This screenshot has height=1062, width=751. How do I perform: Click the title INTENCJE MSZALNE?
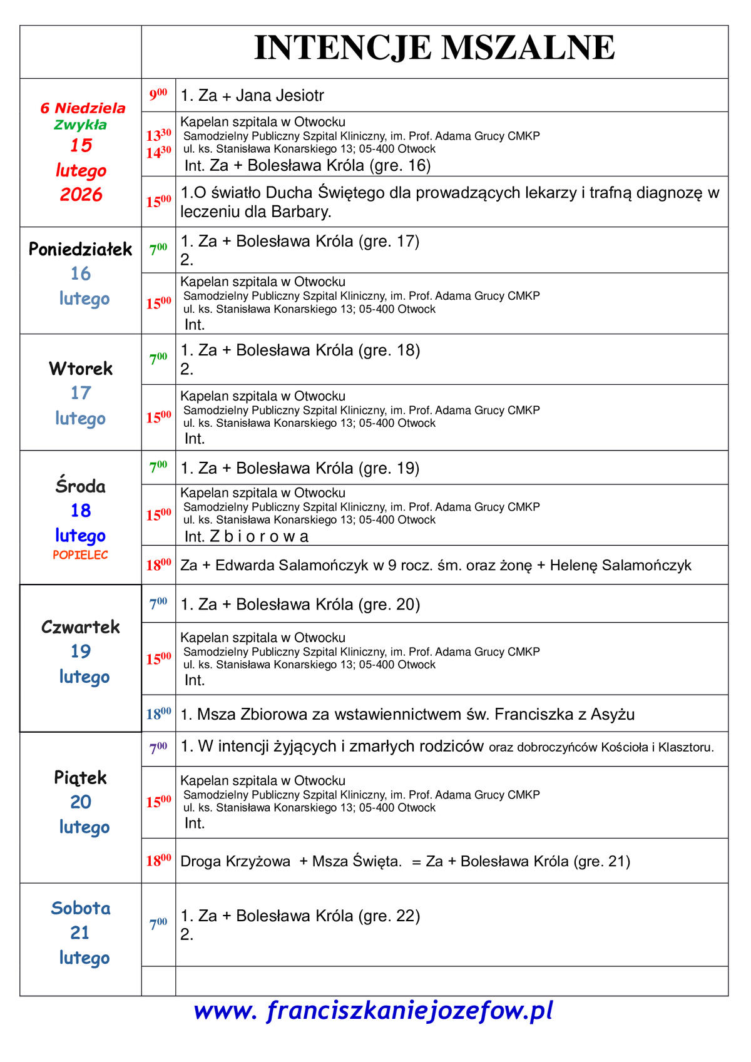click(x=434, y=48)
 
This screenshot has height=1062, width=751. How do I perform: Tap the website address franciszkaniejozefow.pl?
click(x=373, y=1011)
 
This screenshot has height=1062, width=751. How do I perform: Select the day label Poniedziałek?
click(x=81, y=250)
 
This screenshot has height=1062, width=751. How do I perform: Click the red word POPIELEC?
click(x=80, y=555)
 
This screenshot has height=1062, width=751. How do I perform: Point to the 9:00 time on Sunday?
click(x=158, y=95)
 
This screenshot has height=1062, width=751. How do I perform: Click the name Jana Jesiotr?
click(x=280, y=96)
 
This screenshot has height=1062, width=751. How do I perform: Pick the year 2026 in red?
click(x=81, y=195)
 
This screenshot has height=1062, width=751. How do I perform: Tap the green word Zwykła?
click(x=80, y=125)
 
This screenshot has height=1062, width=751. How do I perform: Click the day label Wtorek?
click(x=81, y=369)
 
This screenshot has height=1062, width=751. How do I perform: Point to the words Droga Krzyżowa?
click(x=235, y=862)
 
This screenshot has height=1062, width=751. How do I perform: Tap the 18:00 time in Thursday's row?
click(x=158, y=714)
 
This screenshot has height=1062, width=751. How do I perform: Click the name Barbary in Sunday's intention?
click(x=300, y=212)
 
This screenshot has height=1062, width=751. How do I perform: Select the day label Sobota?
click(x=81, y=908)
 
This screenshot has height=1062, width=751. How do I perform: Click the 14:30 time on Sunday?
click(x=158, y=152)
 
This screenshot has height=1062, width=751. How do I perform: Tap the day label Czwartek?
click(x=81, y=627)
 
